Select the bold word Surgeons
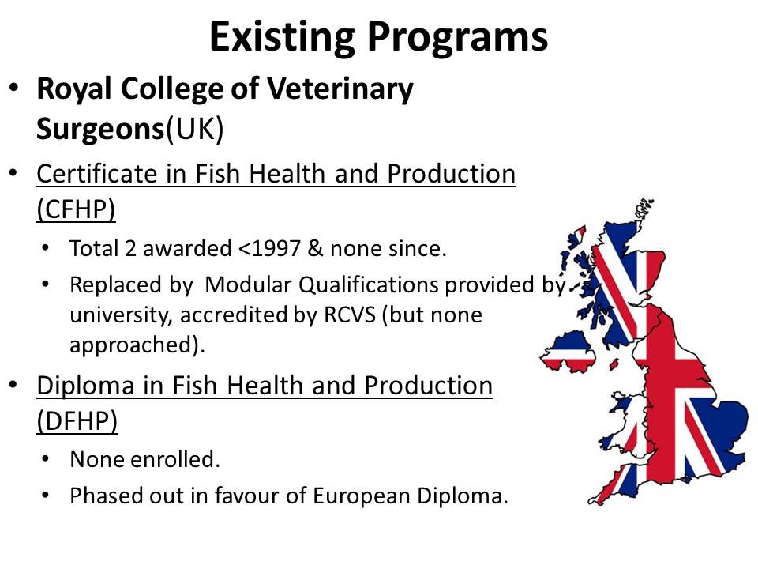pyautogui.click(x=99, y=129)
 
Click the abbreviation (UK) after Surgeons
pyautogui.click(x=194, y=129)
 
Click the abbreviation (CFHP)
pyautogui.click(x=77, y=209)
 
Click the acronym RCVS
pyautogui.click(x=381, y=315)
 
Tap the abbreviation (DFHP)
pyautogui.click(x=77, y=422)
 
